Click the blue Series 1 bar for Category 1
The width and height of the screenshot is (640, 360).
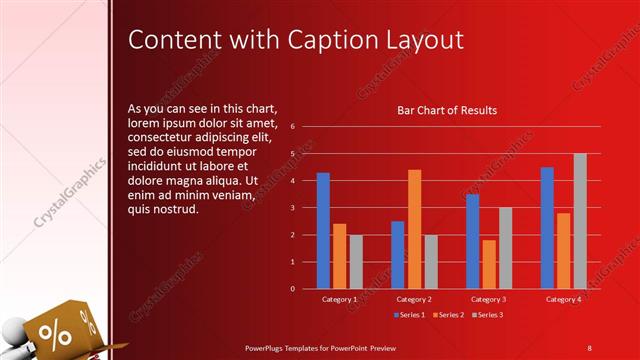(323, 231)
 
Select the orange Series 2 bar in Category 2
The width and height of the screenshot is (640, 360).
(414, 229)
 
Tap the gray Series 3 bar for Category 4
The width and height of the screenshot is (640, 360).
(580, 221)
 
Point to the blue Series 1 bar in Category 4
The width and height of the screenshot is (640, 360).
(547, 228)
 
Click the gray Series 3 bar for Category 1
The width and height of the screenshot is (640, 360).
(356, 262)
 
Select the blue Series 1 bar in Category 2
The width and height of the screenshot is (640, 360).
(398, 255)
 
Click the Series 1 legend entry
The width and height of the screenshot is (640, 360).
(409, 315)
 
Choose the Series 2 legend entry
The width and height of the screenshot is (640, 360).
(448, 315)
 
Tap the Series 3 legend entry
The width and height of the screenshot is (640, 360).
(487, 315)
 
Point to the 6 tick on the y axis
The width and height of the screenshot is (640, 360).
(291, 127)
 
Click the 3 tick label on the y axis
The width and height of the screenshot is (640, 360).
(291, 208)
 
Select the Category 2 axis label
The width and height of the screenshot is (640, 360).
(414, 299)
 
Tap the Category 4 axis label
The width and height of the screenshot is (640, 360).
(564, 299)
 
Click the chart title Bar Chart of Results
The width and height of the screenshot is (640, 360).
(447, 111)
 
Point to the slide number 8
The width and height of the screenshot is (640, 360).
(589, 347)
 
